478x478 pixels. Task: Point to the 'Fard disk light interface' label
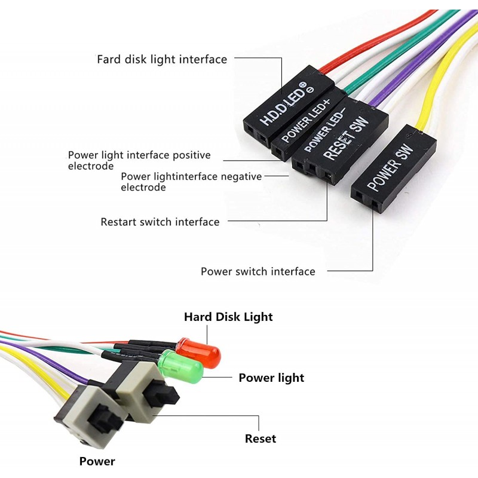click(x=162, y=59)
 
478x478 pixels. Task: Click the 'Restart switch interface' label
click(x=160, y=222)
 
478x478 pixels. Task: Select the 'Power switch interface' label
click(x=258, y=271)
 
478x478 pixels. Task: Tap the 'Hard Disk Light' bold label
click(x=228, y=317)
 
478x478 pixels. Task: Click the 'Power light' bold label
click(x=271, y=378)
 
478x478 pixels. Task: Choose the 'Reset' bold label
click(x=261, y=439)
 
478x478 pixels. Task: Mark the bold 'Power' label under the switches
click(x=97, y=461)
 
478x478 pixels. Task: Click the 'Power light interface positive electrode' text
click(x=139, y=160)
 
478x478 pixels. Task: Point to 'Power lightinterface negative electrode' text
click(x=191, y=182)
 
